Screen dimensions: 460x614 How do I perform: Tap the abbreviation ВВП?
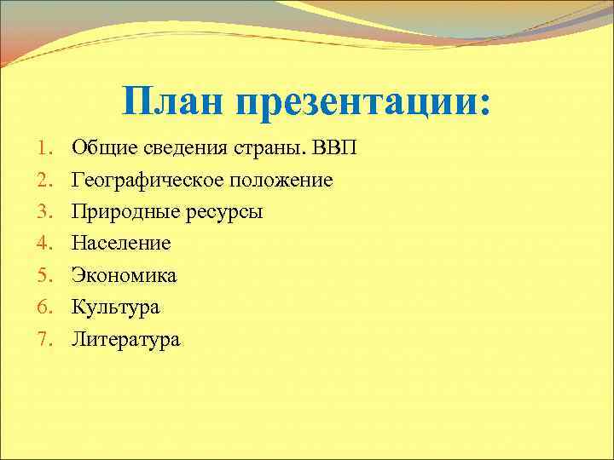(x=335, y=148)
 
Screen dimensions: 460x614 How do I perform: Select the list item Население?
(x=121, y=244)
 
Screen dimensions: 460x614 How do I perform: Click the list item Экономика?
(x=124, y=275)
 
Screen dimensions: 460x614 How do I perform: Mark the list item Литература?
(x=125, y=340)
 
